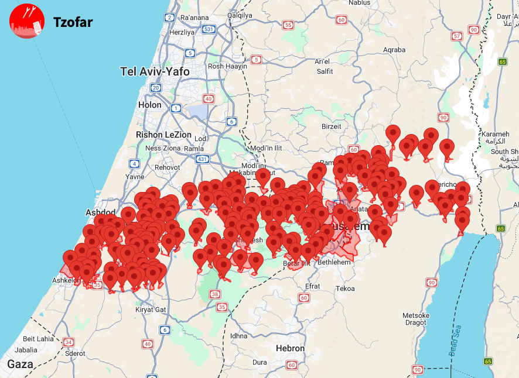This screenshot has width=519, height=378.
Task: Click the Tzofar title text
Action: pos(73,23)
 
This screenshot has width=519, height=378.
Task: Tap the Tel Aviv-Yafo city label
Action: pos(155,71)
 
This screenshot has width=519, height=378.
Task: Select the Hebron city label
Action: pos(291,348)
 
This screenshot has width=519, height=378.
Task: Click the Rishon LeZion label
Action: pos(163,135)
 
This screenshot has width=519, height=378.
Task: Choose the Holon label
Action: pos(149,105)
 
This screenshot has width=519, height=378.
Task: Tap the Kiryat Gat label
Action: pos(151,309)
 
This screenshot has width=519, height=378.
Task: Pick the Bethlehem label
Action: pos(333,263)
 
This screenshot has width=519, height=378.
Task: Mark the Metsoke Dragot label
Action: pos(416,319)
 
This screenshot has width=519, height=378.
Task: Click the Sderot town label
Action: pos(75,353)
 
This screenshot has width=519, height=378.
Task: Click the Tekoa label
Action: pos(345,288)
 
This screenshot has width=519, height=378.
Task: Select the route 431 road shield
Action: pos(203,159)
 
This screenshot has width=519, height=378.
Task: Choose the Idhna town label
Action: pos(238,336)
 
